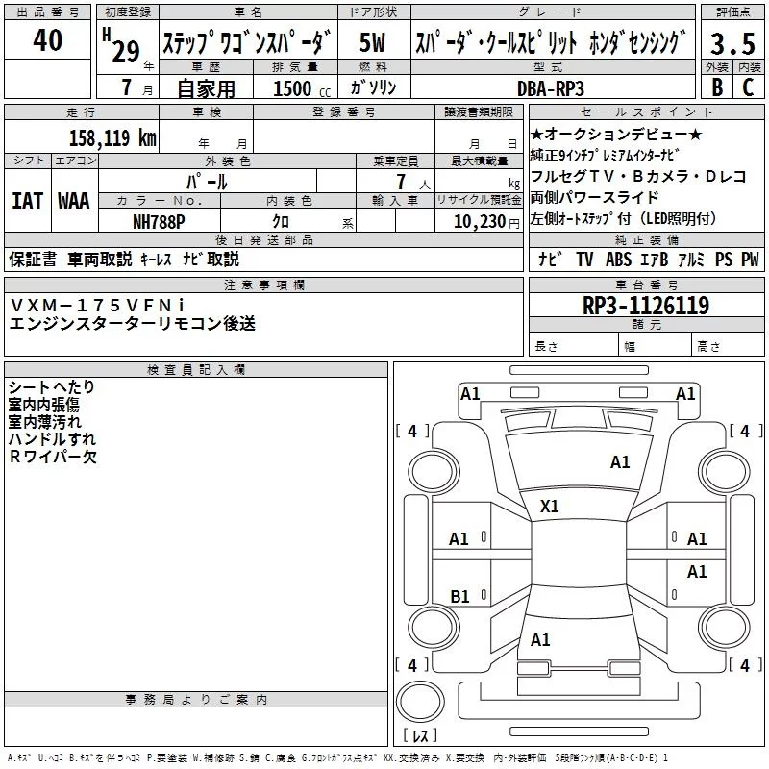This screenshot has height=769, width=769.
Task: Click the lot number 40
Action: pyautogui.click(x=47, y=40)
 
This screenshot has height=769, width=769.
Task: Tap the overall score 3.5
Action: pyautogui.click(x=731, y=44)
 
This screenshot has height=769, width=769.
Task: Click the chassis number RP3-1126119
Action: pyautogui.click(x=646, y=306)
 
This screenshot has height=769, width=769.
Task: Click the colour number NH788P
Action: pyautogui.click(x=161, y=221)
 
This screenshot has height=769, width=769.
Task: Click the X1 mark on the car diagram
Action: pyautogui.click(x=550, y=506)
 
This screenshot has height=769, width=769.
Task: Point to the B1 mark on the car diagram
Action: pyautogui.click(x=459, y=597)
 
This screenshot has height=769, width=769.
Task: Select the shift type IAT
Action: pyautogui.click(x=26, y=201)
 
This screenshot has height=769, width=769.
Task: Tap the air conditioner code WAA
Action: pyautogui.click(x=74, y=201)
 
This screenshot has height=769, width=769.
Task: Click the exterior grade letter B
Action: pyautogui.click(x=716, y=87)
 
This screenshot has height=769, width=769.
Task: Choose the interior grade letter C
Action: pyautogui.click(x=747, y=87)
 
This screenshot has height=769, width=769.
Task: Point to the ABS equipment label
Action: pyautogui.click(x=618, y=259)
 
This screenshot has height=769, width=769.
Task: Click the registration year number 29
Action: pyautogui.click(x=125, y=50)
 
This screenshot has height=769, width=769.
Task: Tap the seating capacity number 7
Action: pyautogui.click(x=397, y=182)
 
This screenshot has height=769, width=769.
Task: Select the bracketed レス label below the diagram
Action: pyautogui.click(x=420, y=736)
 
